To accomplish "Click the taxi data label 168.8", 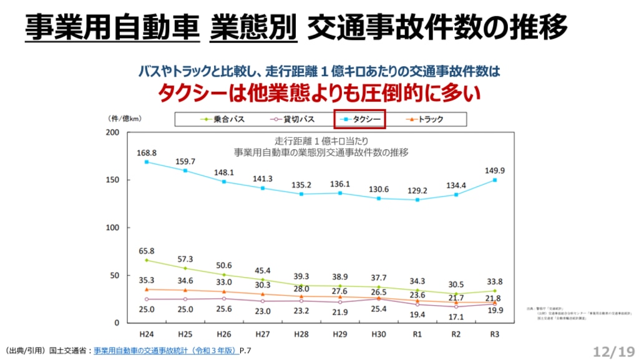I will tap(147, 152).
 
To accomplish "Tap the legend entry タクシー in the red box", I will tap(359, 119).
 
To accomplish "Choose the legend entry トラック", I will tap(424, 119).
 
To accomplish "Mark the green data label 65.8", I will tap(147, 251).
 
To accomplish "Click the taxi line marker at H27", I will tap(263, 188).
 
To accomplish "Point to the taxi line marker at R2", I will tap(456, 195).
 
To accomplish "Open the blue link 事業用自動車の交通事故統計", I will tap(166, 351).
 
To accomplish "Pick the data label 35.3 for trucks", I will tap(147, 280).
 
